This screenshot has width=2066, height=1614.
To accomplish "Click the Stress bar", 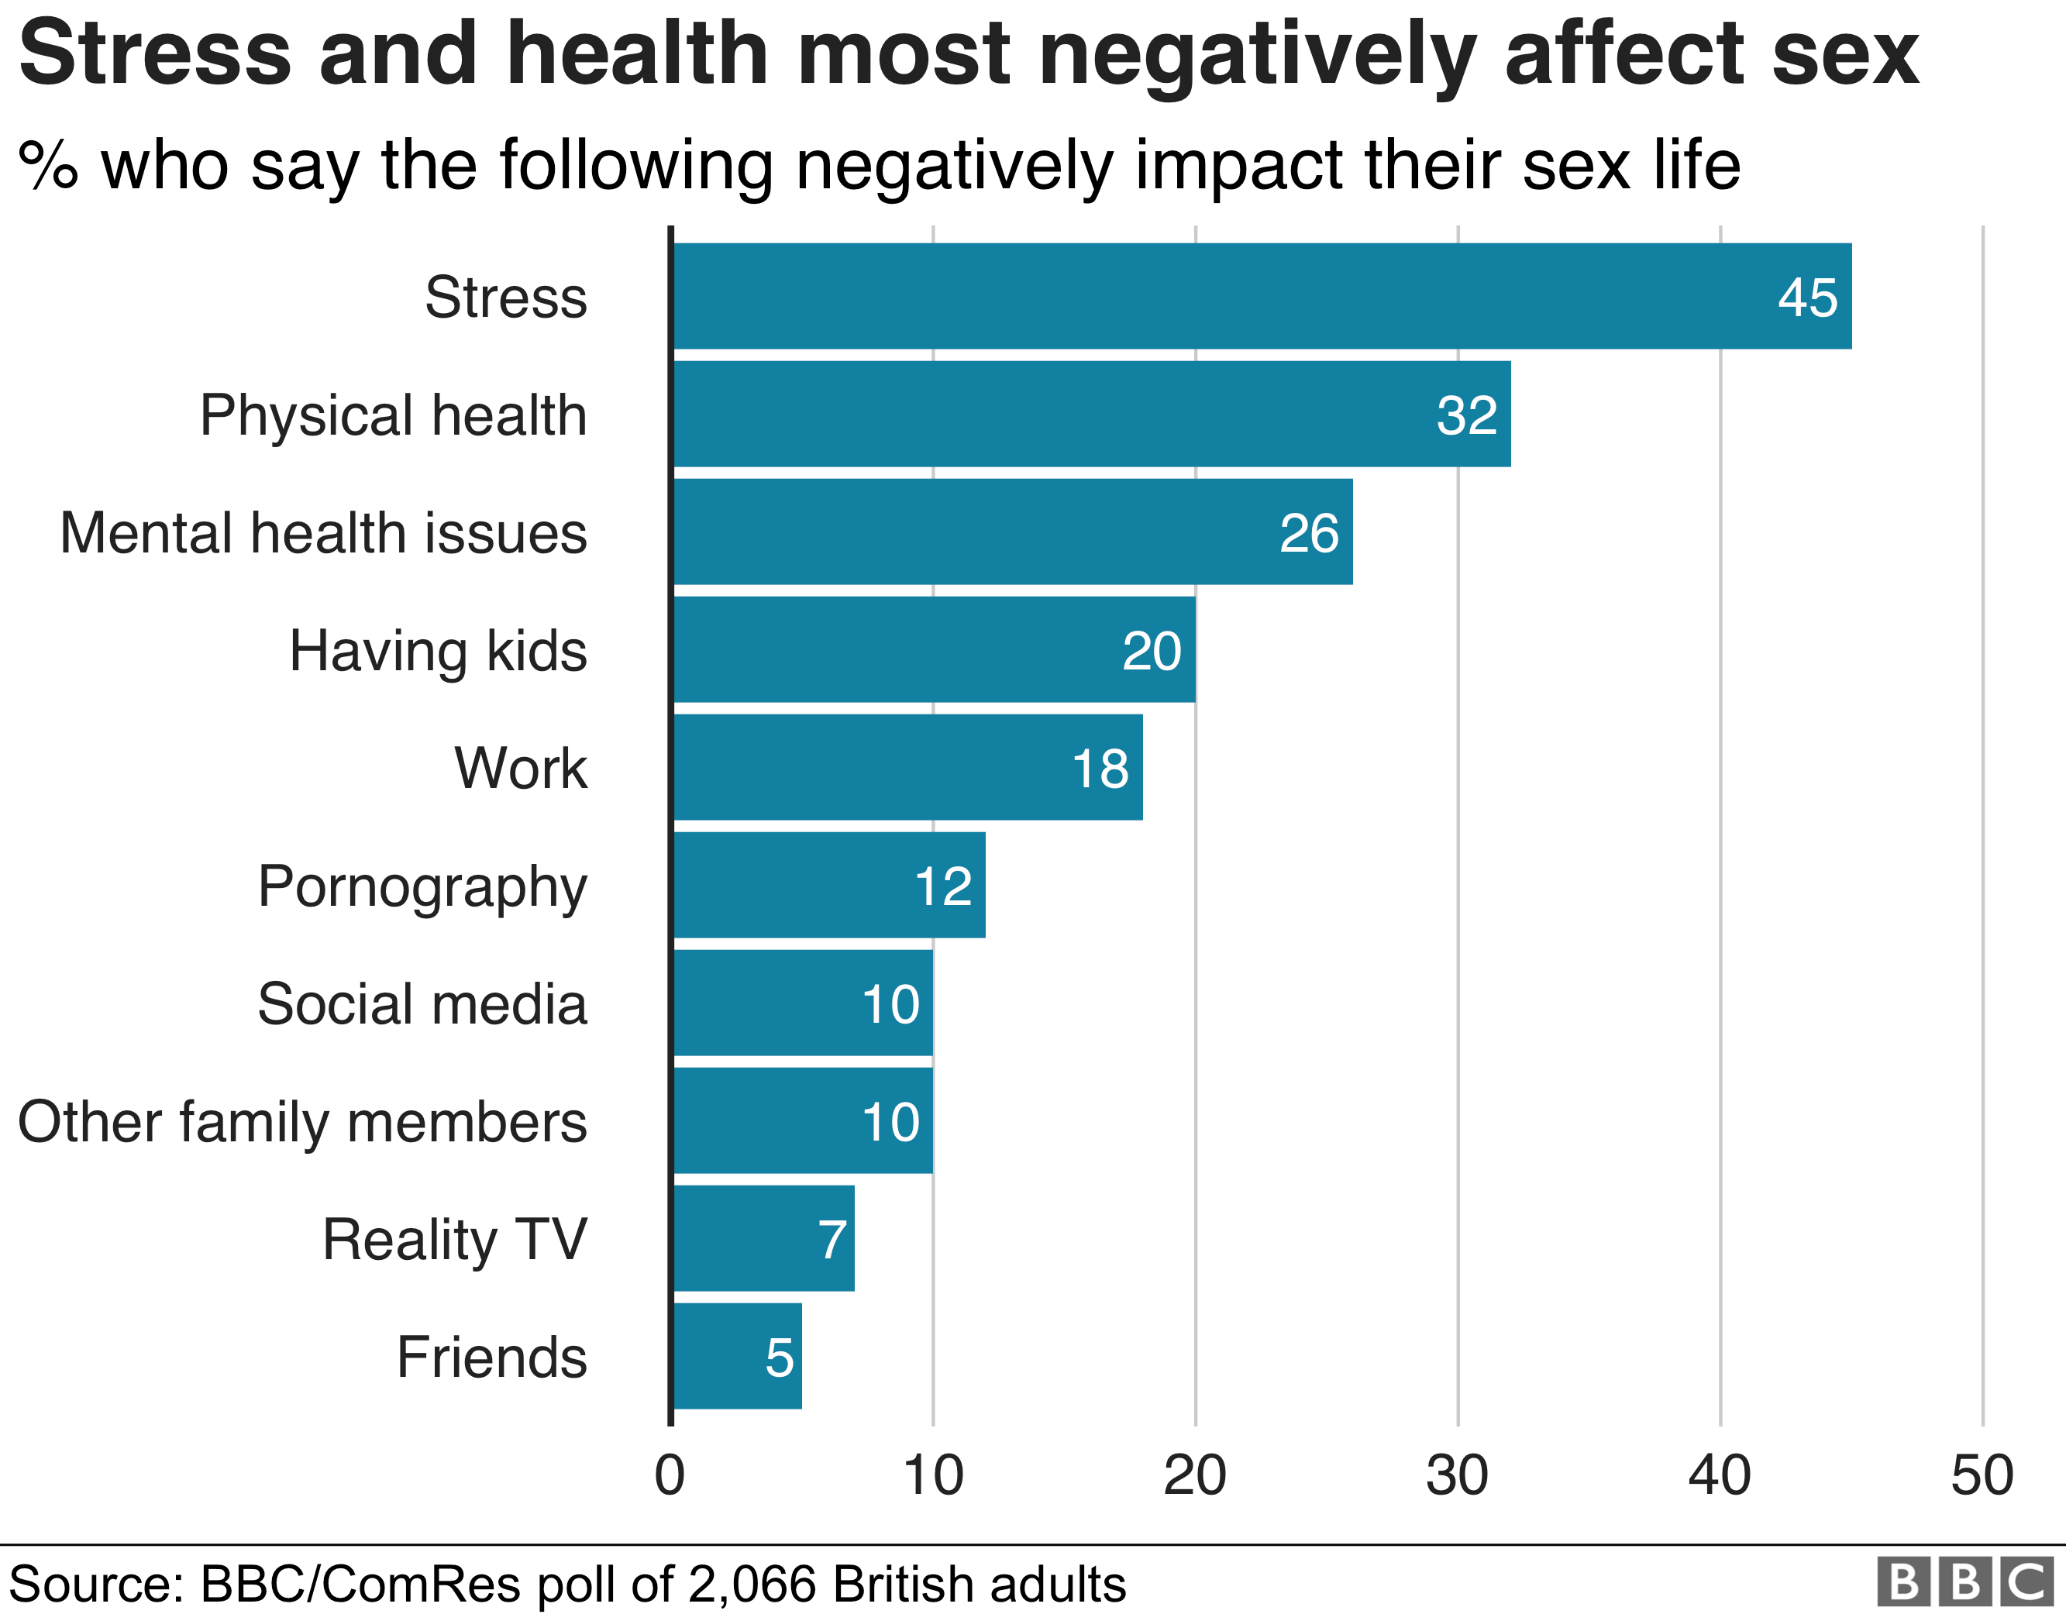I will pyautogui.click(x=1259, y=296).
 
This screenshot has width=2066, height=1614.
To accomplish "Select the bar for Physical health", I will pyautogui.click(x=1088, y=414).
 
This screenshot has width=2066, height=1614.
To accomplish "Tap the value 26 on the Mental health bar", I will pyautogui.click(x=1308, y=532).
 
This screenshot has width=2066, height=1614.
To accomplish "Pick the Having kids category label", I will pyautogui.click(x=438, y=651).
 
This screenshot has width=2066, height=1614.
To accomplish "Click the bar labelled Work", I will pyautogui.click(x=906, y=767).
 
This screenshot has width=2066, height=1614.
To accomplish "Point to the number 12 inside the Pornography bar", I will pyautogui.click(x=942, y=886).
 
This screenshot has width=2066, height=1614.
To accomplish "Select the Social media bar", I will pyautogui.click(x=802, y=1003).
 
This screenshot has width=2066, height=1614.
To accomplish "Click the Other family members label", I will pyautogui.click(x=303, y=1122).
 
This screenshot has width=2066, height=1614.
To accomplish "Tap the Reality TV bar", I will pyautogui.click(x=763, y=1238).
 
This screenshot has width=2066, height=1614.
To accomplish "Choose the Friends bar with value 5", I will pyautogui.click(x=736, y=1357).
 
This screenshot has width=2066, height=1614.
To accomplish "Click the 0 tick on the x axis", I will pyautogui.click(x=669, y=1476).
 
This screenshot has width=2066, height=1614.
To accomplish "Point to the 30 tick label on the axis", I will pyautogui.click(x=1457, y=1476).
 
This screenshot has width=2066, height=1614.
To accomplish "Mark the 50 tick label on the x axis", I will pyautogui.click(x=1982, y=1476).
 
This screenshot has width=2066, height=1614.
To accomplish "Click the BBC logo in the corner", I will pyautogui.click(x=1963, y=1581).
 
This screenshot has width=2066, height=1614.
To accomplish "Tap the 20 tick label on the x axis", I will pyautogui.click(x=1194, y=1476).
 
